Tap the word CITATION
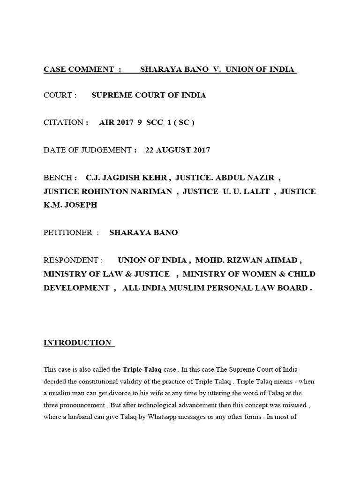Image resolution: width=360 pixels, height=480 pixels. click(x=63, y=123)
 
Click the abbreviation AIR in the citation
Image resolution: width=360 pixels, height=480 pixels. click(x=106, y=123)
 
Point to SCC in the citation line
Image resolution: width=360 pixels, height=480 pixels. click(x=154, y=123)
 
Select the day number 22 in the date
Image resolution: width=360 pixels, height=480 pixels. click(x=150, y=150)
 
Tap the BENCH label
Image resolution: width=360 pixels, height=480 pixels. click(x=58, y=178)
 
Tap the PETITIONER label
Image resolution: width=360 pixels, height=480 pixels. click(x=68, y=233)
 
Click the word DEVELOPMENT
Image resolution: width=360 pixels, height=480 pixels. click(x=76, y=288)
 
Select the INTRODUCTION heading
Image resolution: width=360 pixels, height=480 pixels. click(x=77, y=343)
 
